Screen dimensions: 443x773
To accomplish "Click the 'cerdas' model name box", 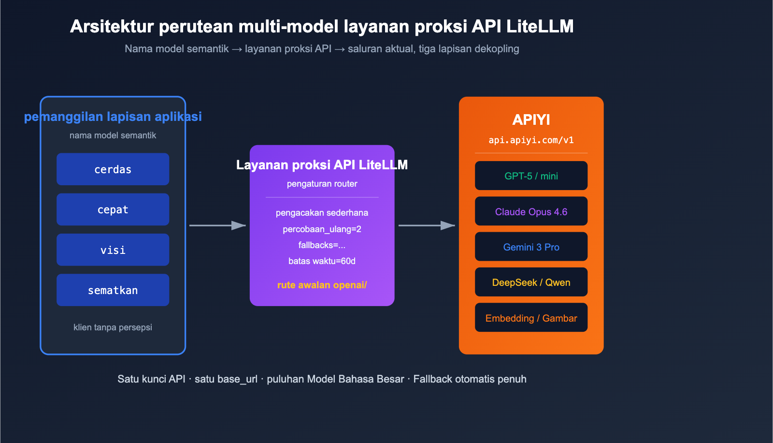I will click(x=113, y=169).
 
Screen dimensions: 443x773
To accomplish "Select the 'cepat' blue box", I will click(x=113, y=209).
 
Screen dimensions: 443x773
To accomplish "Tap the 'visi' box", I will click(x=113, y=250).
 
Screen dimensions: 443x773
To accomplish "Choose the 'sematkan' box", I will click(x=113, y=290).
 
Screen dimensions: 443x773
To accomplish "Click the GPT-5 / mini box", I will click(x=531, y=176).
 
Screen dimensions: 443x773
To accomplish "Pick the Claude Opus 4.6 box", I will click(x=531, y=211).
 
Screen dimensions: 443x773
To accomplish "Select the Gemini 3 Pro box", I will click(x=531, y=247).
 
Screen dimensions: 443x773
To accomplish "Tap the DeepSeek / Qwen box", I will click(x=531, y=282).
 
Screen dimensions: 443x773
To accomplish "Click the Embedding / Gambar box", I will click(x=531, y=318).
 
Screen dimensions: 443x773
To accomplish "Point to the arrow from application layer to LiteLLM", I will click(x=217, y=225).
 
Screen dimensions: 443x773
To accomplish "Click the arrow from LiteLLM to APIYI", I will click(x=426, y=225).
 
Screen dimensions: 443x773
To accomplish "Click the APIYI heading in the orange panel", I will click(x=531, y=119).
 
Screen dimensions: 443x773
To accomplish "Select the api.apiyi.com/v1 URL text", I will click(x=531, y=140).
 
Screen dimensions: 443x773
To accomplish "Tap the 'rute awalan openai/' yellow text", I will click(x=322, y=285).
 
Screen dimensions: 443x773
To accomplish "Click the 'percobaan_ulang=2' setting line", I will click(x=322, y=229).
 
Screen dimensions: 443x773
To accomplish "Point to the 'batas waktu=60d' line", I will click(x=322, y=261).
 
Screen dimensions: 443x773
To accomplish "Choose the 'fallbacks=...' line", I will click(x=322, y=245).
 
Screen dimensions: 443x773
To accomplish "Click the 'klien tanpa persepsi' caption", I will click(x=113, y=327).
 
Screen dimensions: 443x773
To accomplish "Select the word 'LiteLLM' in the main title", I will click(x=540, y=26).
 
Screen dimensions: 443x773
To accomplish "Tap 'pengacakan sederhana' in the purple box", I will click(x=322, y=213).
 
